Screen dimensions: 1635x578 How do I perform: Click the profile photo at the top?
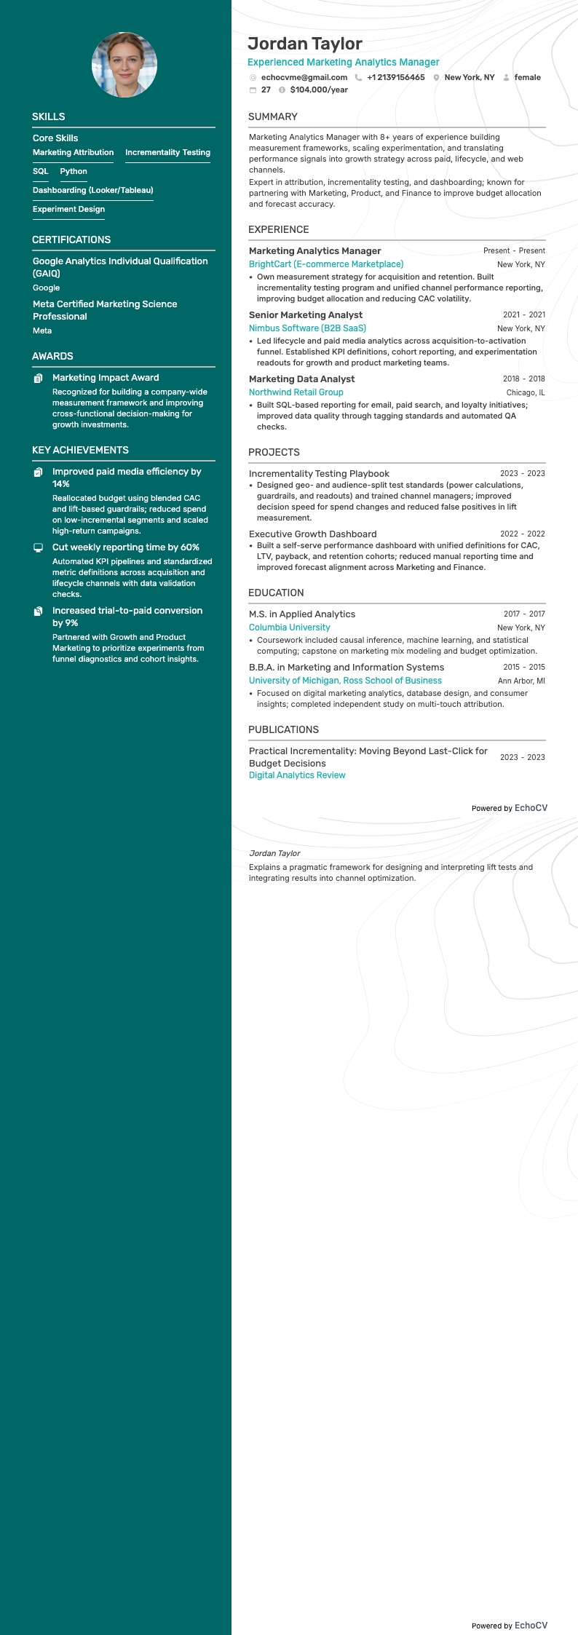pyautogui.click(x=124, y=65)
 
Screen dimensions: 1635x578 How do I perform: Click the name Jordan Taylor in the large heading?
pyautogui.click(x=305, y=44)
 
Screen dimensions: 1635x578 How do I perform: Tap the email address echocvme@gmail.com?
pyautogui.click(x=304, y=77)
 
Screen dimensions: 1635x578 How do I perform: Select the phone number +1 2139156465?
pyautogui.click(x=395, y=77)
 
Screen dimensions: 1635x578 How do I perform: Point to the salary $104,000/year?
pyautogui.click(x=319, y=90)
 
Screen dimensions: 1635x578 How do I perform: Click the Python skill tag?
pyautogui.click(x=74, y=172)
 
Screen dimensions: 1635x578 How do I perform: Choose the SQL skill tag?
pyautogui.click(x=41, y=172)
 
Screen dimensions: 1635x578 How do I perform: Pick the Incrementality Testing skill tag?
pyautogui.click(x=167, y=153)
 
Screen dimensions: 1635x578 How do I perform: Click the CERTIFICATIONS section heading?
pyautogui.click(x=71, y=239)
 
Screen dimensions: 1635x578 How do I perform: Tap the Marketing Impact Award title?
pyautogui.click(x=106, y=378)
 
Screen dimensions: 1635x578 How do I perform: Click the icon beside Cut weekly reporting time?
pyautogui.click(x=39, y=547)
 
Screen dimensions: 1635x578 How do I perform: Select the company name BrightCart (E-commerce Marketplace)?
pyautogui.click(x=326, y=264)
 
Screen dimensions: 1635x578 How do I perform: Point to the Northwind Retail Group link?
pyautogui.click(x=296, y=392)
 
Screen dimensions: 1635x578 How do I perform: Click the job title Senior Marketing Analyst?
pyautogui.click(x=306, y=315)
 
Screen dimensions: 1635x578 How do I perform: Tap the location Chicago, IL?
pyautogui.click(x=526, y=393)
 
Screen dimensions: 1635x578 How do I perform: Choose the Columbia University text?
pyautogui.click(x=290, y=628)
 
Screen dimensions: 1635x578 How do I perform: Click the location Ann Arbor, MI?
pyautogui.click(x=521, y=681)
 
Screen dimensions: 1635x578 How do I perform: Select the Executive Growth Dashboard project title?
pyautogui.click(x=313, y=534)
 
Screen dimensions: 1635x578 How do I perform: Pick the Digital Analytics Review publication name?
pyautogui.click(x=297, y=775)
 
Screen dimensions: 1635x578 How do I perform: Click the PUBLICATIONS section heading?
pyautogui.click(x=283, y=729)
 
